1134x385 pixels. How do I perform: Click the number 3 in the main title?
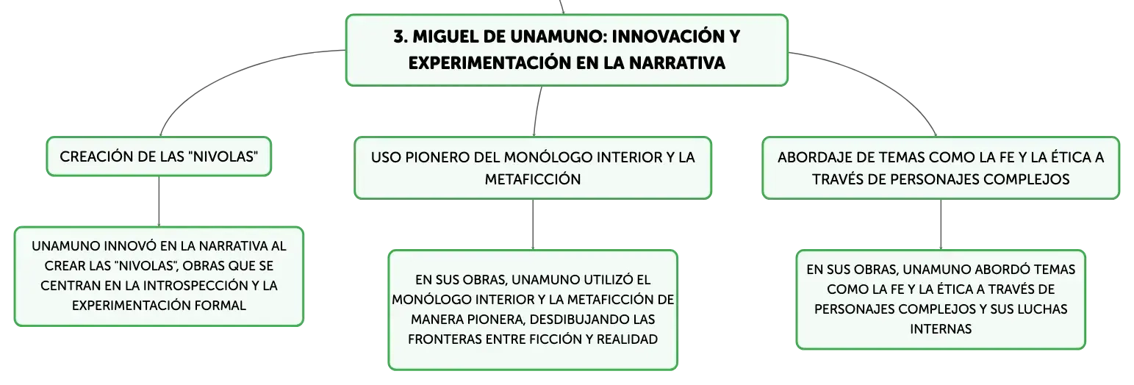[400, 37]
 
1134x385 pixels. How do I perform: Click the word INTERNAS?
[941, 329]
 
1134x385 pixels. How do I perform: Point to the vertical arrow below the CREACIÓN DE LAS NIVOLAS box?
[159, 201]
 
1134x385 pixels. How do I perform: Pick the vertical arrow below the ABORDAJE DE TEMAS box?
[941, 225]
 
